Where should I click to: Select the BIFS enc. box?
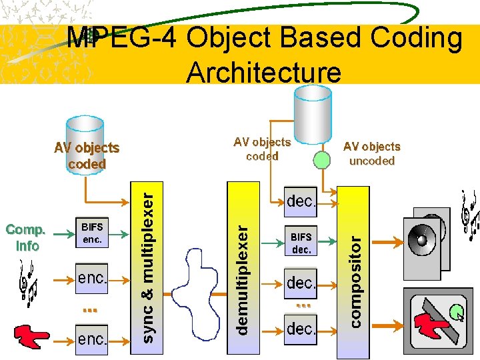pos(92,233)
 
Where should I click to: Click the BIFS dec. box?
pos(301,243)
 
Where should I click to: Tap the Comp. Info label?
pos(26,238)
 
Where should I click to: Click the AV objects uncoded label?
pos(371,153)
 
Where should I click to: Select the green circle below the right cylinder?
pos(322,159)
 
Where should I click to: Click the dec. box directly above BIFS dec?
pos(301,201)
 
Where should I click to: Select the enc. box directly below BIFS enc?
pos(92,277)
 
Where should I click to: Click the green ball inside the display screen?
pos(455,309)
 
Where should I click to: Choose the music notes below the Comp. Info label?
pos(29,283)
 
